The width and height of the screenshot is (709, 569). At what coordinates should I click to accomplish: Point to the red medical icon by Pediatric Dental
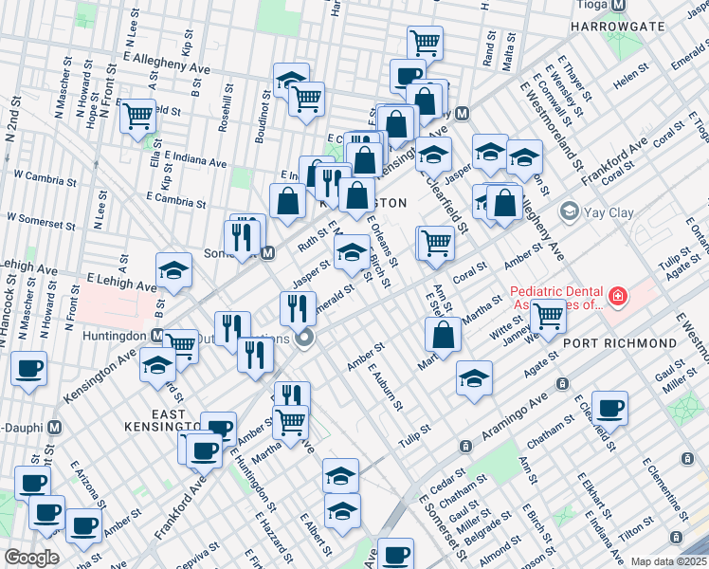click(x=618, y=298)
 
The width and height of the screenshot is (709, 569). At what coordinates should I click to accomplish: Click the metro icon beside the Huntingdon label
click(x=157, y=335)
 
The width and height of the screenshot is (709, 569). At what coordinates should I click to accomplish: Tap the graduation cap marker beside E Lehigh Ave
click(x=174, y=271)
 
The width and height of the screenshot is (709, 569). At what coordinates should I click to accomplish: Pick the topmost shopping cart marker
click(x=425, y=42)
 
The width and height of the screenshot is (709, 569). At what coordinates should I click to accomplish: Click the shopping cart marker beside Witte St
click(x=548, y=314)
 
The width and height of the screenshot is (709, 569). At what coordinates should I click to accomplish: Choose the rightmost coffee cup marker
click(x=610, y=408)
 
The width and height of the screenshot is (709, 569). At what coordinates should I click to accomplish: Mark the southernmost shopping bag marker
click(x=443, y=334)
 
